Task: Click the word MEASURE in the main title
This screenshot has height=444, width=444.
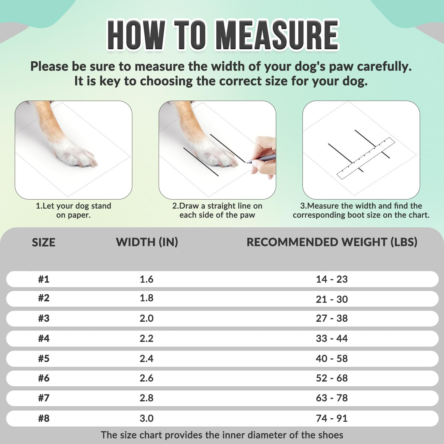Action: coord(277,35)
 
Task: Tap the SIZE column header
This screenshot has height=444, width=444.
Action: coord(44,242)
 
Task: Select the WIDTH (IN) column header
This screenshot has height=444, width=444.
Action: coord(147,242)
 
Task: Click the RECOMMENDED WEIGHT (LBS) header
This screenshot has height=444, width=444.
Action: coord(332,242)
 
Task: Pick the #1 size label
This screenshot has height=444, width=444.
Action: coord(44,279)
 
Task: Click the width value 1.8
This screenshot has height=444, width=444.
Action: coord(147,298)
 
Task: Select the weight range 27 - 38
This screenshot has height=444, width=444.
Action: coord(332,318)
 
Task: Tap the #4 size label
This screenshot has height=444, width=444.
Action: coord(44,338)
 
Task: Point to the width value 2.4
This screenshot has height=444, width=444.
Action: coord(147,358)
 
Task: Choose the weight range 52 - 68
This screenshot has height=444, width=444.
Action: coord(332,378)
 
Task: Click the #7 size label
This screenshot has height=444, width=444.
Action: coord(44,398)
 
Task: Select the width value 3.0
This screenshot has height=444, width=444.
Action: coord(147,418)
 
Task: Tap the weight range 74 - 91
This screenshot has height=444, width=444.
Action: coord(332,418)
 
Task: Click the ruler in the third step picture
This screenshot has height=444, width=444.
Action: coord(366,158)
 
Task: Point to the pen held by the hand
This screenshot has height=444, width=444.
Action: coord(260,158)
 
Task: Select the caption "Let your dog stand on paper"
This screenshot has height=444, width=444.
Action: coord(73,210)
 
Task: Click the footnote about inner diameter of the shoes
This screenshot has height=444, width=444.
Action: coord(222,435)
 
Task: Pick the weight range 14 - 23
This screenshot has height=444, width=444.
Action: coord(332,279)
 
